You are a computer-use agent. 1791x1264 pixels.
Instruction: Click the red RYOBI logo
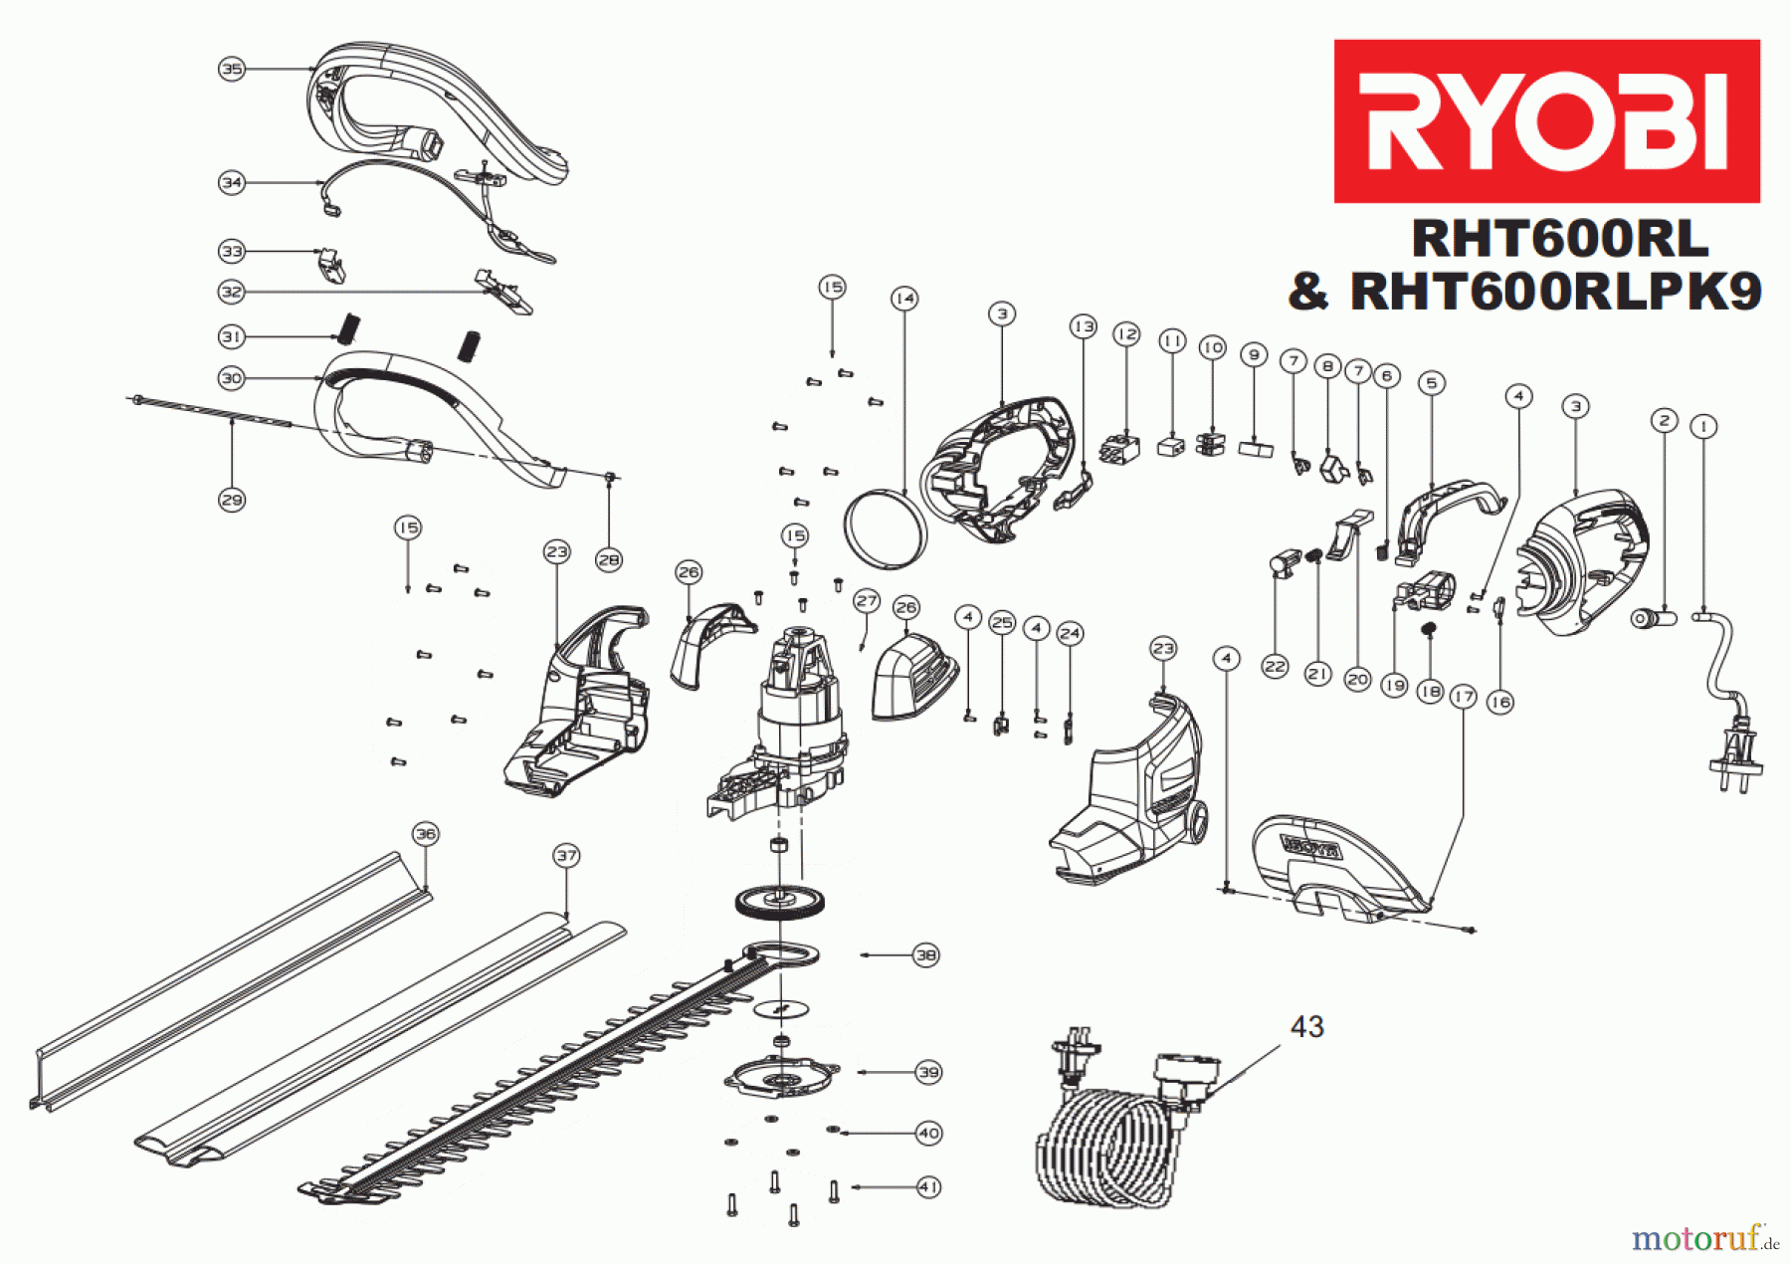coord(1546,120)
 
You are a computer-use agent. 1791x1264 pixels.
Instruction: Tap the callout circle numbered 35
coord(232,69)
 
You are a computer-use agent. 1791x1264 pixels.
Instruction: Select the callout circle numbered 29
coord(232,500)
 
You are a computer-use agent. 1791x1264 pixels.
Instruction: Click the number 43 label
coord(1306,1027)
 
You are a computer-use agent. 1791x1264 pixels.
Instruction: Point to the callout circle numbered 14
coord(904,299)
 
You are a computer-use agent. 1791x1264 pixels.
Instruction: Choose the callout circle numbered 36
coord(426,834)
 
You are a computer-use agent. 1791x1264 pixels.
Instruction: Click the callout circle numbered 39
coord(928,1072)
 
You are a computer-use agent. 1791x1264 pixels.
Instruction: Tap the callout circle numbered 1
coord(1704,427)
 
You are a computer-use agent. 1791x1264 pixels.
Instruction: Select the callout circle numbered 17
coord(1463,697)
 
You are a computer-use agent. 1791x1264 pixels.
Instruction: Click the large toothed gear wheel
coord(780,903)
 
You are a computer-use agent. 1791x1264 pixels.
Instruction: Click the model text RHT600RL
coord(1559,239)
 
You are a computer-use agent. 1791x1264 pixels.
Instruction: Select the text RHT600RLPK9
coord(1555,293)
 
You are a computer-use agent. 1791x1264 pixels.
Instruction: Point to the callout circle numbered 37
coord(566,856)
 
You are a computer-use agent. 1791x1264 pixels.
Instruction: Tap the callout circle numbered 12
coord(1126,334)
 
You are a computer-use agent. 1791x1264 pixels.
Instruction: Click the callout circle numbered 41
coord(928,1187)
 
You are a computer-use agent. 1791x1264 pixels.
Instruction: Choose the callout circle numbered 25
coord(1002,623)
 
